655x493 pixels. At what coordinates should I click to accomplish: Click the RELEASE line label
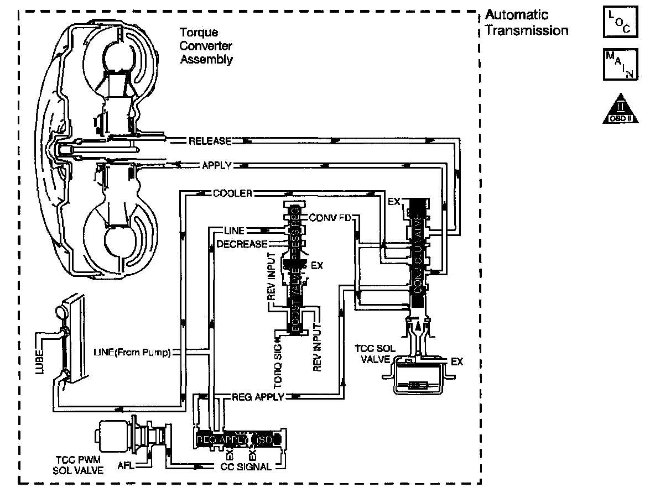point(210,141)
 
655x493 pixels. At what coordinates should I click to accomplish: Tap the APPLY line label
point(216,165)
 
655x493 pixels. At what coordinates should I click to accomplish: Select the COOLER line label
point(232,193)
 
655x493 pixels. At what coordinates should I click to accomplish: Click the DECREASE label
point(242,244)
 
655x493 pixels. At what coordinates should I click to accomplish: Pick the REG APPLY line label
point(257,396)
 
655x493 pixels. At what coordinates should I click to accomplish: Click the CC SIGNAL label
point(250,467)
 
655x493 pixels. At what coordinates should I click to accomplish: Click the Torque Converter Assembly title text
point(206,46)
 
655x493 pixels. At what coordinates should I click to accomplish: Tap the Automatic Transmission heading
point(526,23)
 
